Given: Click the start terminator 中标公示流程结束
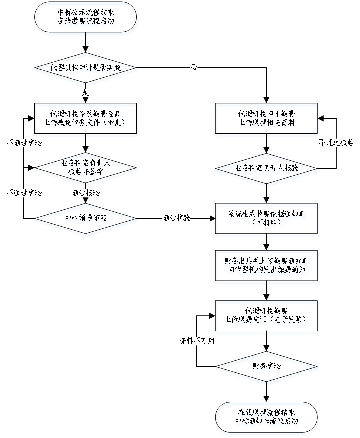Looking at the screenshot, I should pyautogui.click(x=86, y=19).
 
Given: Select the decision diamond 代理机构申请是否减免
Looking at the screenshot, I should pyautogui.click(x=86, y=68).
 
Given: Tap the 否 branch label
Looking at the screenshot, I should pyautogui.click(x=194, y=68).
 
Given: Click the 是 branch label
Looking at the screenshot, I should pyautogui.click(x=85, y=92).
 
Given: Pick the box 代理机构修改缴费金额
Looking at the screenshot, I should pyautogui.click(x=86, y=120).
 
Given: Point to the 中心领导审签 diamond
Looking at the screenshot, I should pyautogui.click(x=86, y=219).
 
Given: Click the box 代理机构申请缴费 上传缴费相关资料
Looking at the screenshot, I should pyautogui.click(x=267, y=120).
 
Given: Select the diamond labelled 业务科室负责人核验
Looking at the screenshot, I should pyautogui.click(x=267, y=169).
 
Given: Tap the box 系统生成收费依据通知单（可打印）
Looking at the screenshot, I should pyautogui.click(x=267, y=219).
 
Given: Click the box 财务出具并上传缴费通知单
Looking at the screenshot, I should pyautogui.click(x=267, y=267).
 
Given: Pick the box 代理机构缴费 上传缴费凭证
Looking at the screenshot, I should pyautogui.click(x=267, y=317).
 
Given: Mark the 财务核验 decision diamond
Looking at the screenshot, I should pyautogui.click(x=267, y=368).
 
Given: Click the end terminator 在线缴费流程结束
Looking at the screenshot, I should pyautogui.click(x=267, y=418).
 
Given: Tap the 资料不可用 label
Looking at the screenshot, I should pyautogui.click(x=196, y=341).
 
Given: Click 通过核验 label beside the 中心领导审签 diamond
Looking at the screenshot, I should pyautogui.click(x=176, y=218).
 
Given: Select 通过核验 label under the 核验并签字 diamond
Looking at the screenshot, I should pyautogui.click(x=85, y=193).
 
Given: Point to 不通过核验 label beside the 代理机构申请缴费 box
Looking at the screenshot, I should pyautogui.click(x=336, y=143).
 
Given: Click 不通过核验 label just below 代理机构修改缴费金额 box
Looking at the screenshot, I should pyautogui.click(x=24, y=143).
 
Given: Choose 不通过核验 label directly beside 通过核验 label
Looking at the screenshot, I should pyautogui.click(x=24, y=193).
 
